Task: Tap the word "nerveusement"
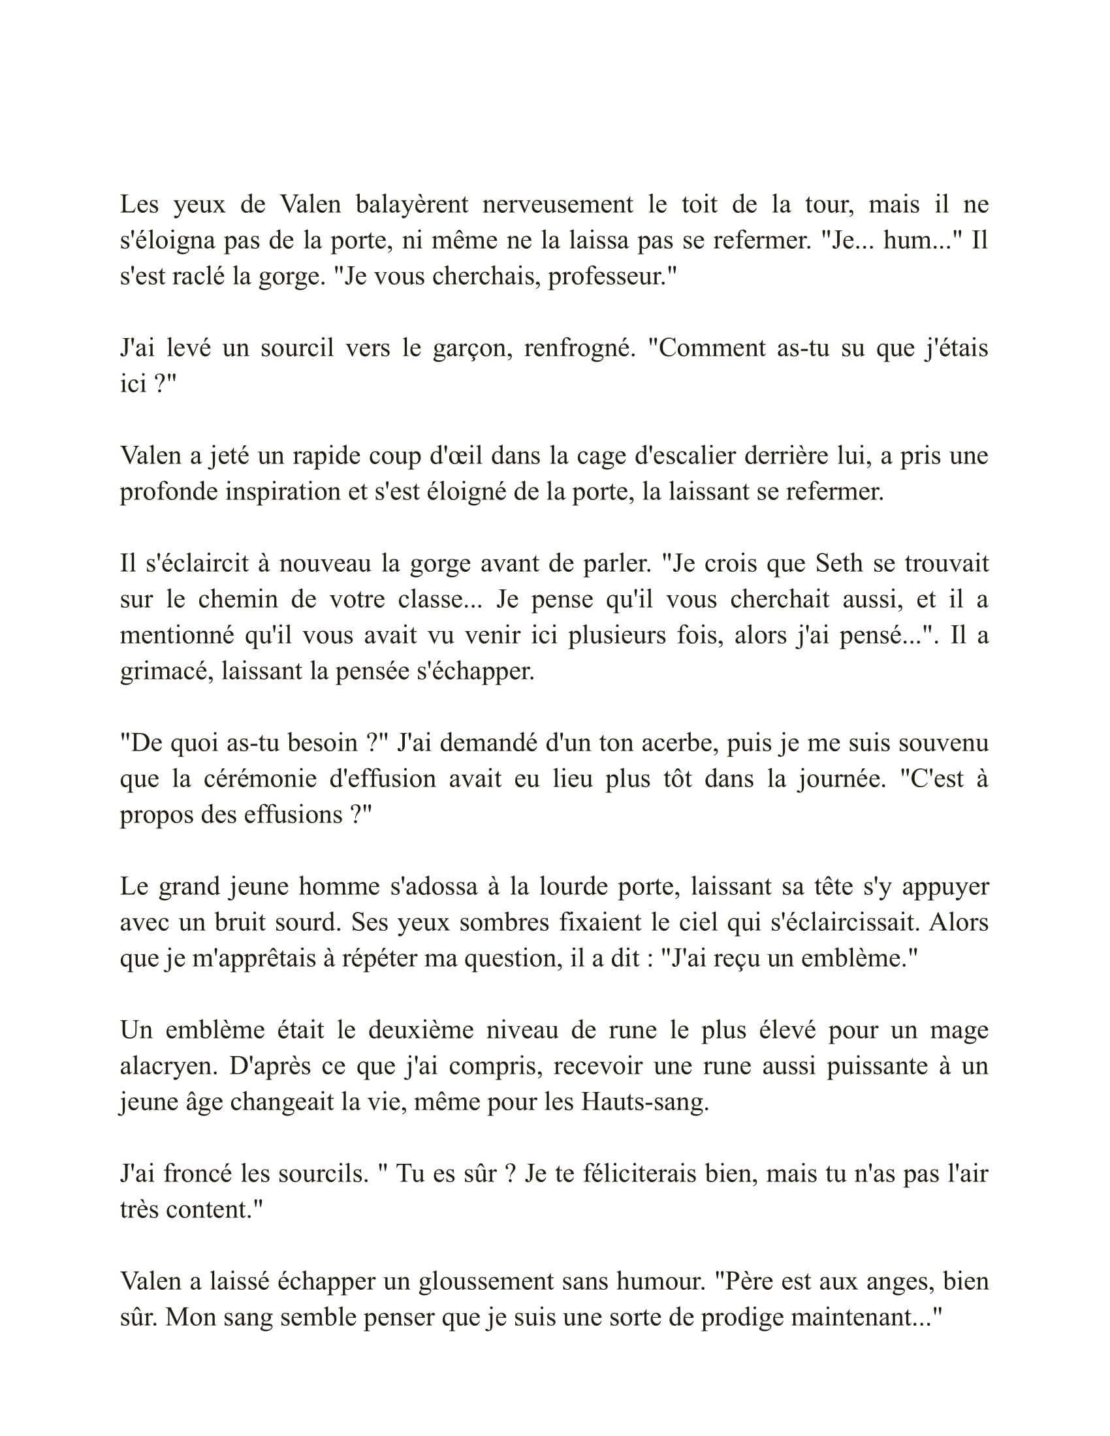point(558,204)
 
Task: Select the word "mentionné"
point(174,635)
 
